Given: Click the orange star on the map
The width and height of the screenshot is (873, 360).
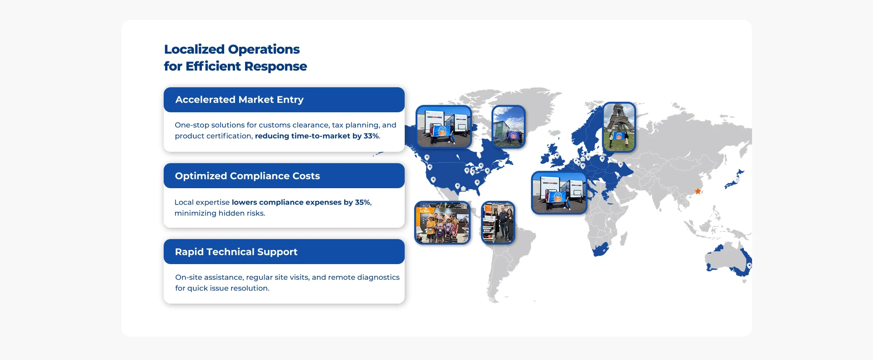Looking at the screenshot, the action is point(697,191).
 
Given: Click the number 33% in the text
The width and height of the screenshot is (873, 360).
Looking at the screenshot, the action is point(371,136).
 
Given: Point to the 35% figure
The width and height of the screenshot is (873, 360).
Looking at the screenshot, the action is point(363,202).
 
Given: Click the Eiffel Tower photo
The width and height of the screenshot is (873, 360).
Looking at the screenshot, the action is point(619,127).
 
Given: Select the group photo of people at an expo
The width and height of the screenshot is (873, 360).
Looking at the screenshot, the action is point(442,223).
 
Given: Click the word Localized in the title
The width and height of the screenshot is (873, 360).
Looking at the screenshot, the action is point(194,49).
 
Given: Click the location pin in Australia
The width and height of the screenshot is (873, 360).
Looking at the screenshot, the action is point(749,265).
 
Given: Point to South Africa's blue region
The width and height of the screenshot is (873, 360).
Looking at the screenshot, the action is point(601,250).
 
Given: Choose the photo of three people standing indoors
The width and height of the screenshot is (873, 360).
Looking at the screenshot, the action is point(498,223).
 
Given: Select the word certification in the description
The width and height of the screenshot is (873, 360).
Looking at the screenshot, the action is point(229,136).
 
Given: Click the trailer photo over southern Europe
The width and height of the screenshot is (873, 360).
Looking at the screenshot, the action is point(559,193).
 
